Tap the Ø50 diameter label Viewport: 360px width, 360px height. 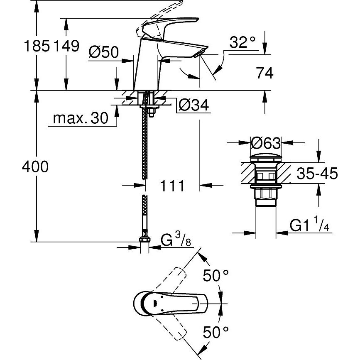104,52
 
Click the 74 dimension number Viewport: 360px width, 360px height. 265,73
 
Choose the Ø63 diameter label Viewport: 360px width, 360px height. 267,143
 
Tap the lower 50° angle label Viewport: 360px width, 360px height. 216,331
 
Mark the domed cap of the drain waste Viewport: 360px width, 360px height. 266,157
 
